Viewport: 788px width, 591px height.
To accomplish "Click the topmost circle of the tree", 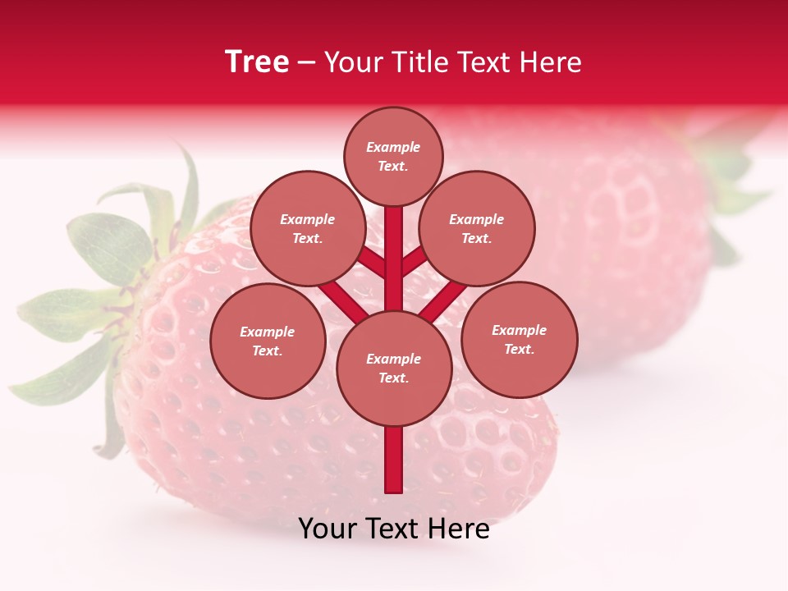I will [393, 156].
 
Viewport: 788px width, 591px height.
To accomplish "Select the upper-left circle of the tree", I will [308, 228].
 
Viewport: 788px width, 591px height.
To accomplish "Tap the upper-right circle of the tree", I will [477, 228].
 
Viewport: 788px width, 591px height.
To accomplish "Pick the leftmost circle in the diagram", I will [268, 341].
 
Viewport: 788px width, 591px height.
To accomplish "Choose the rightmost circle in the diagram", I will [519, 339].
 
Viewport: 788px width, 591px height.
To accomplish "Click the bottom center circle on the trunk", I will [394, 368].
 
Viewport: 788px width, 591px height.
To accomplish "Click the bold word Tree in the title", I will [257, 62].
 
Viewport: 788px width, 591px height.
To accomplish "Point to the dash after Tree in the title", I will [306, 63].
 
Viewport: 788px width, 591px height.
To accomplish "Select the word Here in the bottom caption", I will [460, 529].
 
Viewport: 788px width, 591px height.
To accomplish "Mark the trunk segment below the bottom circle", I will [394, 460].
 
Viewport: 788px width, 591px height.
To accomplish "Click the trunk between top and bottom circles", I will [394, 259].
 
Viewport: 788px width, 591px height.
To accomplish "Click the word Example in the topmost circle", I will [393, 148].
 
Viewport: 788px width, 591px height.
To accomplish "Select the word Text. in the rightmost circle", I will [519, 349].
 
